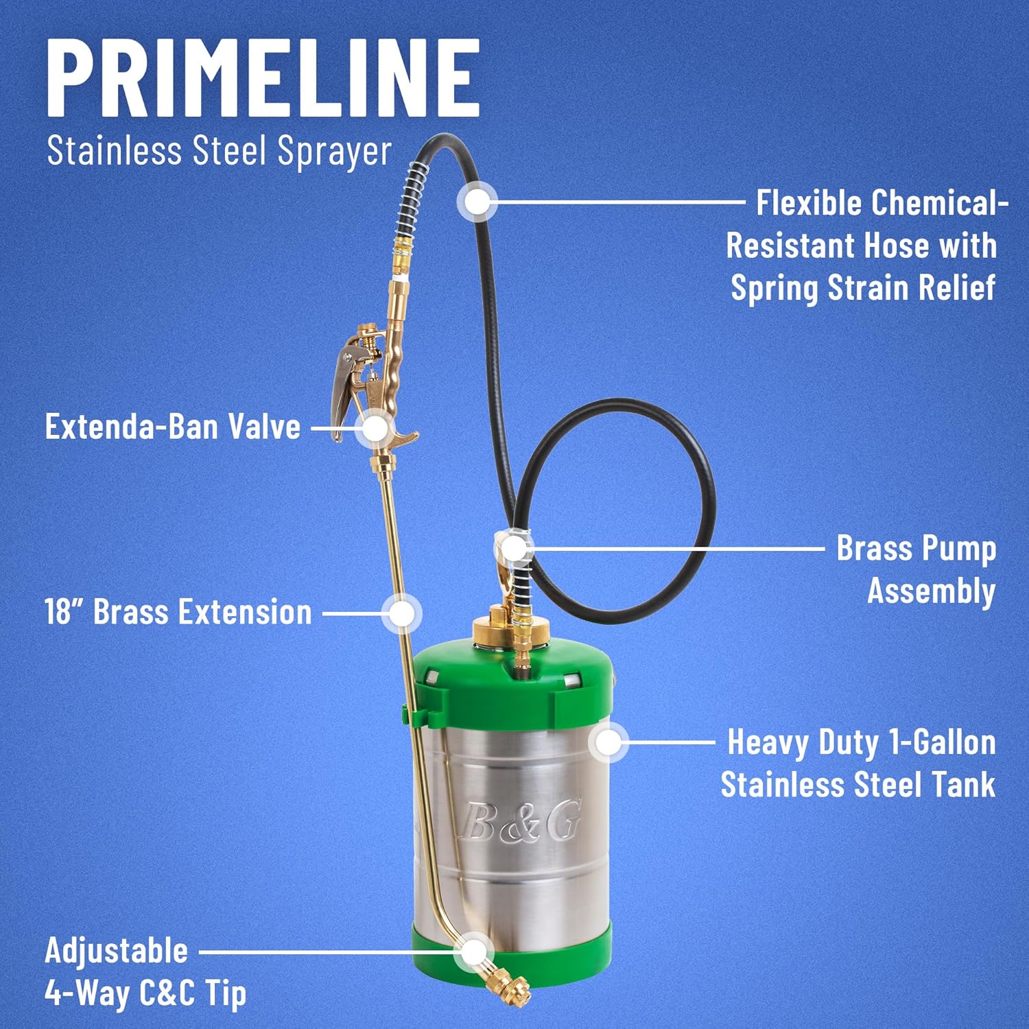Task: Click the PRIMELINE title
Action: [263, 77]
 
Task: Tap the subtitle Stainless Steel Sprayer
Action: [219, 152]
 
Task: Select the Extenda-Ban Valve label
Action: [173, 427]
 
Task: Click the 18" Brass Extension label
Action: [178, 612]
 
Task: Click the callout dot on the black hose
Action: [477, 202]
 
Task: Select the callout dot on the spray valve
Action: [375, 429]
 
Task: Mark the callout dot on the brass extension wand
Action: [401, 613]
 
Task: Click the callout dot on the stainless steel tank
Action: [608, 742]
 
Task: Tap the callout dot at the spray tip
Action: [473, 952]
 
